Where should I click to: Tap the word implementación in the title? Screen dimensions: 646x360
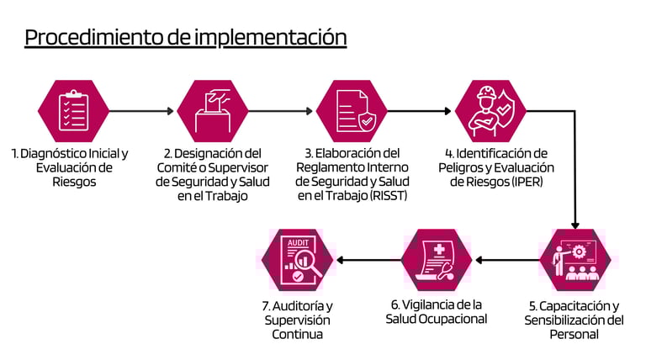click(x=271, y=38)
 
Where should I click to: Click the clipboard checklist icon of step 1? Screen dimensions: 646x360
click(x=73, y=110)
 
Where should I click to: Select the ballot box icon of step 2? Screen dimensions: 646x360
click(x=213, y=110)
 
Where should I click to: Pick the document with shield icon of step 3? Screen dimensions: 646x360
click(x=355, y=111)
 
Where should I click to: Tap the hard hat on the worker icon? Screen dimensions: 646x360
click(x=486, y=93)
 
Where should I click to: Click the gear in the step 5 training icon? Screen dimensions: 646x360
click(x=579, y=251)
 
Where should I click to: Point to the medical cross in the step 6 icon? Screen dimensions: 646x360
click(x=439, y=249)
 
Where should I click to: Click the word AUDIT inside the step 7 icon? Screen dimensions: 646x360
click(x=298, y=242)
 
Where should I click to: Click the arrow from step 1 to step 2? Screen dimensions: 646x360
click(x=141, y=111)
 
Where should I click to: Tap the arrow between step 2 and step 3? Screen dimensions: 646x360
click(x=281, y=111)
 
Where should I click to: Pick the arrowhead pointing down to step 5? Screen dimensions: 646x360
click(x=575, y=225)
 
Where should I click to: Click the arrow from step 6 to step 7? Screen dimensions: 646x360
click(x=368, y=260)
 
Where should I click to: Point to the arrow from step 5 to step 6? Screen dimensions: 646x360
click(x=507, y=260)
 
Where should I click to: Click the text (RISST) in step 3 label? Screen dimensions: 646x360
click(x=389, y=195)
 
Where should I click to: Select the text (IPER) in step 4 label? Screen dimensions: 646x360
click(x=527, y=181)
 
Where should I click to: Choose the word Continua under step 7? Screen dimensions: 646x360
click(x=297, y=334)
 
